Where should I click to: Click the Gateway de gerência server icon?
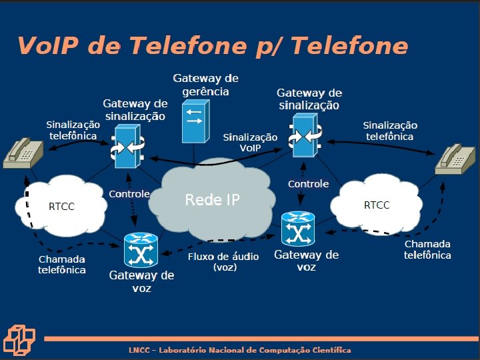coord(195,121)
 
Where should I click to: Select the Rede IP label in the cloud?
coord(212,199)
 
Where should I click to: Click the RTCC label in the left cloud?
coord(61,207)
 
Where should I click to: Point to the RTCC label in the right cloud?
coord(377,205)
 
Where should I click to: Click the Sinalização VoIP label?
coord(250,141)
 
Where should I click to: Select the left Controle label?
coord(129,194)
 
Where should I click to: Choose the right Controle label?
coord(308,183)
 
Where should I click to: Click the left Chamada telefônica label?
coord(62,265)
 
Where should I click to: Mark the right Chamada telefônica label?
coord(427,249)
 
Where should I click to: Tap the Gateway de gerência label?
coord(205,85)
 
